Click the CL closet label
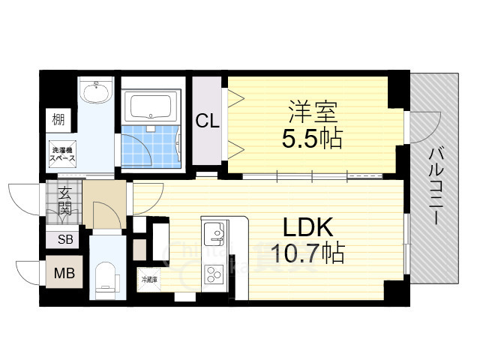(208, 121)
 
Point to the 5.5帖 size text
(312, 138)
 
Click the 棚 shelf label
(58, 118)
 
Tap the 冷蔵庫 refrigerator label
(148, 279)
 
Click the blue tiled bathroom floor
(150, 146)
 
